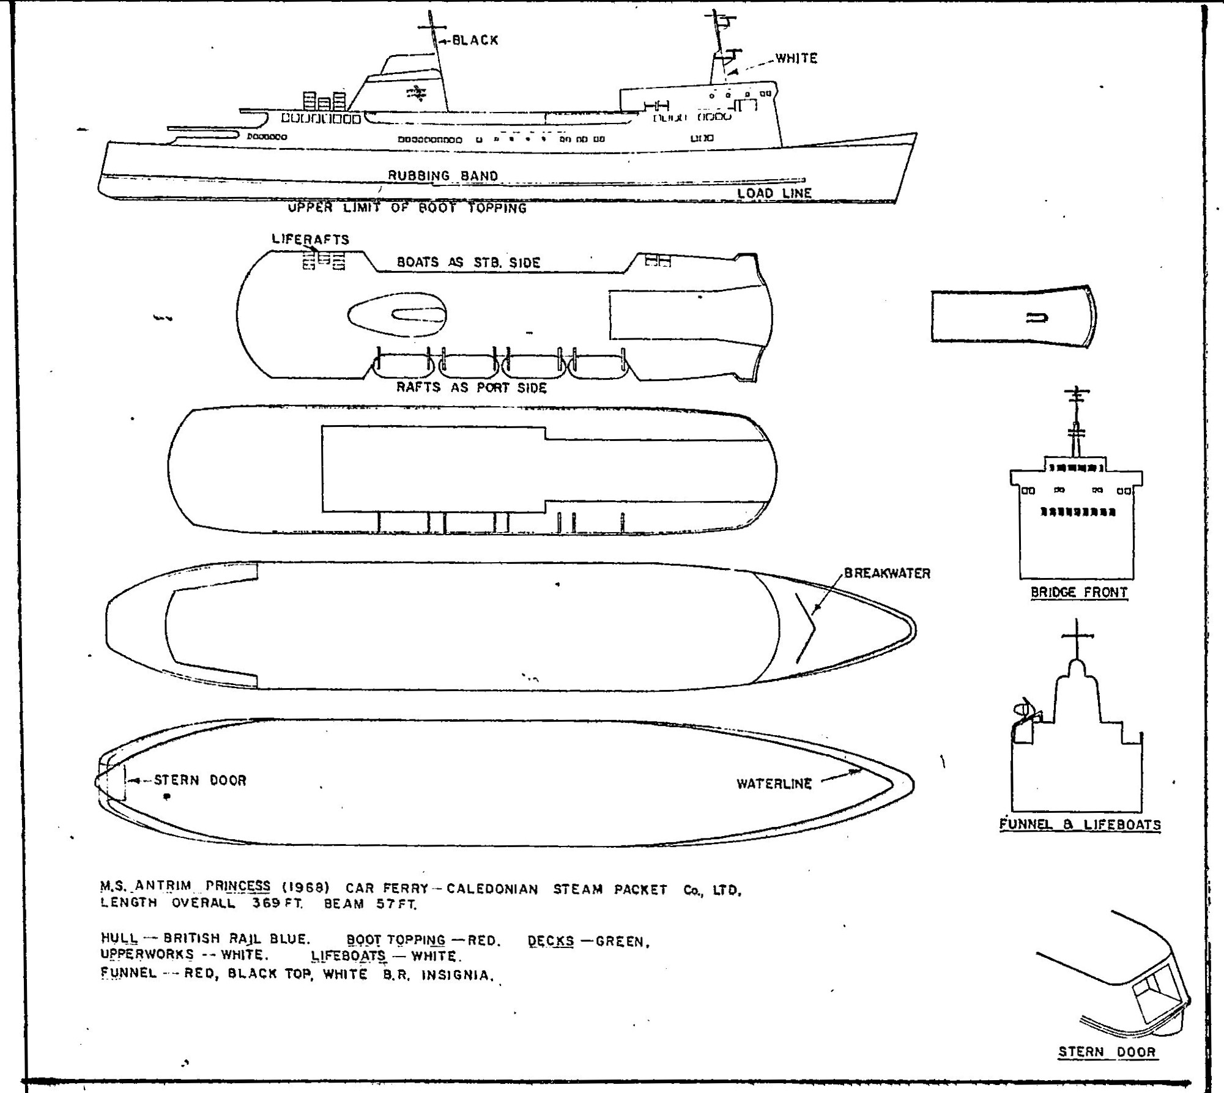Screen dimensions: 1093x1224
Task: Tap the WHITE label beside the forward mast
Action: tap(796, 58)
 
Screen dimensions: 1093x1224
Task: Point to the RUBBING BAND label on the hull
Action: tap(443, 176)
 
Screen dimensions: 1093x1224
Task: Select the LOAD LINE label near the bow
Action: tap(774, 193)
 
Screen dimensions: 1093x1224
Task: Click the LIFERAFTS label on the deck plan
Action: tap(310, 239)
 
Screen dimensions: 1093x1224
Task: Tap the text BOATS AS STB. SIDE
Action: tap(469, 263)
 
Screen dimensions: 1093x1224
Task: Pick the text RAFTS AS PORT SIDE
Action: tap(471, 388)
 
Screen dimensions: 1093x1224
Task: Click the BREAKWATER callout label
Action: tap(887, 574)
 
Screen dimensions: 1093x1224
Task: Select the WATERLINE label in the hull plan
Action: tap(774, 784)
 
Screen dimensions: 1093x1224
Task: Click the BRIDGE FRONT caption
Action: tap(1079, 592)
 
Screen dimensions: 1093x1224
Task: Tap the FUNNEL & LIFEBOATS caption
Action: tap(1080, 824)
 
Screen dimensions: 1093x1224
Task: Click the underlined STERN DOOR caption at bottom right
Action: tap(1107, 1052)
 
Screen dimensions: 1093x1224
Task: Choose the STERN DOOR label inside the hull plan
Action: tap(199, 780)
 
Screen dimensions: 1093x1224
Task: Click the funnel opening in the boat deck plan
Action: tap(418, 316)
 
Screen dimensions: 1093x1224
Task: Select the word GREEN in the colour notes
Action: tap(622, 942)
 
